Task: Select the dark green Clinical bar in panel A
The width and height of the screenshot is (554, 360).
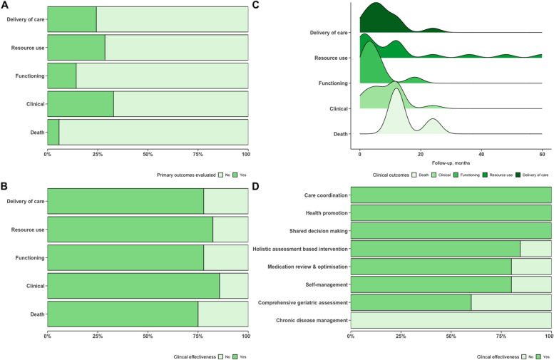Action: pyautogui.click(x=80, y=104)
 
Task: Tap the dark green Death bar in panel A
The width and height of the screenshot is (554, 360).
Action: pyautogui.click(x=53, y=133)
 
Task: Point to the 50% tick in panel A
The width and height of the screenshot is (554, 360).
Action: pyautogui.click(x=148, y=153)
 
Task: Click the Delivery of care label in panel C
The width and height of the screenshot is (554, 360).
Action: pyautogui.click(x=329, y=33)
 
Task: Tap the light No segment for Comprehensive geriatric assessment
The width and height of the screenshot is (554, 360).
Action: pyautogui.click(x=511, y=302)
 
